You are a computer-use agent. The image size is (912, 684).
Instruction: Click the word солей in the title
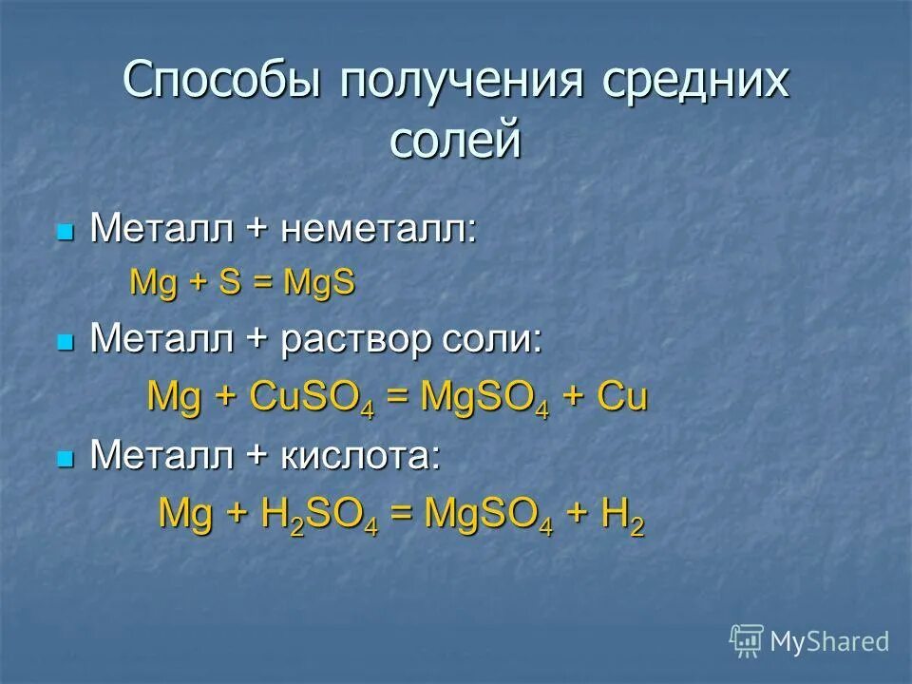point(456,140)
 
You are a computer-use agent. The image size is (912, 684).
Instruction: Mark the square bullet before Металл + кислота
point(65,458)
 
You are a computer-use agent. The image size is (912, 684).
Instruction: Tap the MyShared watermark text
point(829,641)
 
